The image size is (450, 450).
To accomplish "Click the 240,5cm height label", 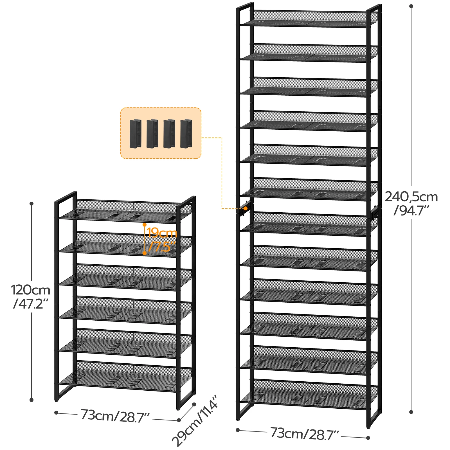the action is (411, 197).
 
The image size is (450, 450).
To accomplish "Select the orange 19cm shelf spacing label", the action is (162, 233).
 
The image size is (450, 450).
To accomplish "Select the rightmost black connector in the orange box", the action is (186, 133).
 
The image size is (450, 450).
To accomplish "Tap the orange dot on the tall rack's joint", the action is (246, 208).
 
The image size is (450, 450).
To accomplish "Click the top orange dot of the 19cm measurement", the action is (145, 225).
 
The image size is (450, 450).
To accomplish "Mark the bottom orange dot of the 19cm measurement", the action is (145, 253).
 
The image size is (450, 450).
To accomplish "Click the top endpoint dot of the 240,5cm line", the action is (411, 6).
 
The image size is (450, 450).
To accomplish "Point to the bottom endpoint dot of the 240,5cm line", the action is (411, 412).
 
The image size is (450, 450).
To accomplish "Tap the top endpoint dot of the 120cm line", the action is (31, 203).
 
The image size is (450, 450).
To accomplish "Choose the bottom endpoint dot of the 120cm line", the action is (31, 400).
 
